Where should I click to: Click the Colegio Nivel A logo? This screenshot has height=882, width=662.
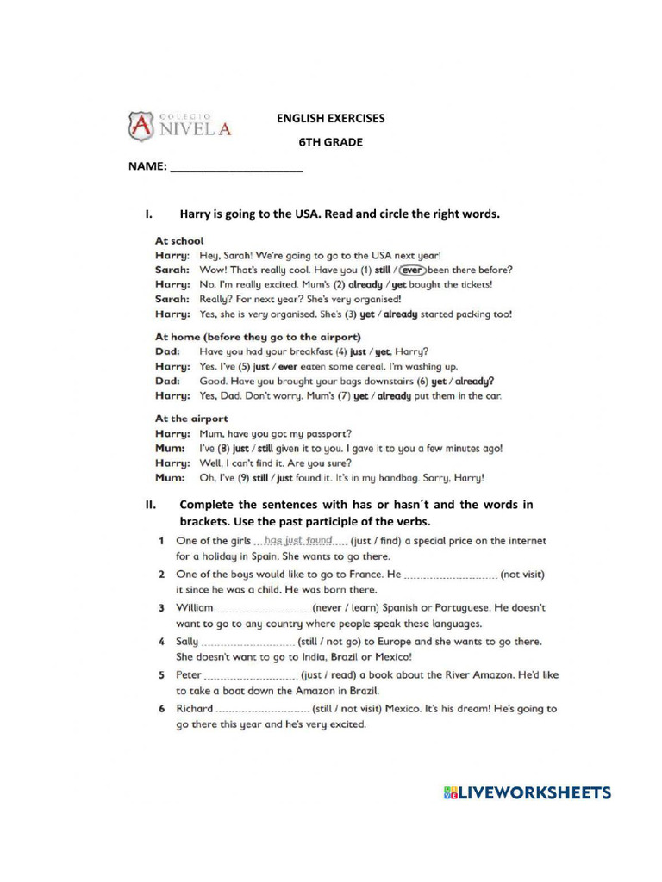(x=180, y=127)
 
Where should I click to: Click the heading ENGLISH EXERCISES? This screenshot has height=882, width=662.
(x=330, y=119)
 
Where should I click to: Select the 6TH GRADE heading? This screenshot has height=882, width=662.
(x=330, y=142)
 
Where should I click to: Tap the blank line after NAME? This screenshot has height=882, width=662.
(x=237, y=168)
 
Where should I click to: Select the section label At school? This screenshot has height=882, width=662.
(x=178, y=241)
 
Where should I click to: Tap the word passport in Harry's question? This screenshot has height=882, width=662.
(x=328, y=433)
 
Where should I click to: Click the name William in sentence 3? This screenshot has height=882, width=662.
(x=194, y=608)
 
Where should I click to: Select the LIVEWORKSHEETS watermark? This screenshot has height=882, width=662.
(x=527, y=793)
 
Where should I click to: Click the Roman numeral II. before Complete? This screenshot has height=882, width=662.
(x=149, y=506)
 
